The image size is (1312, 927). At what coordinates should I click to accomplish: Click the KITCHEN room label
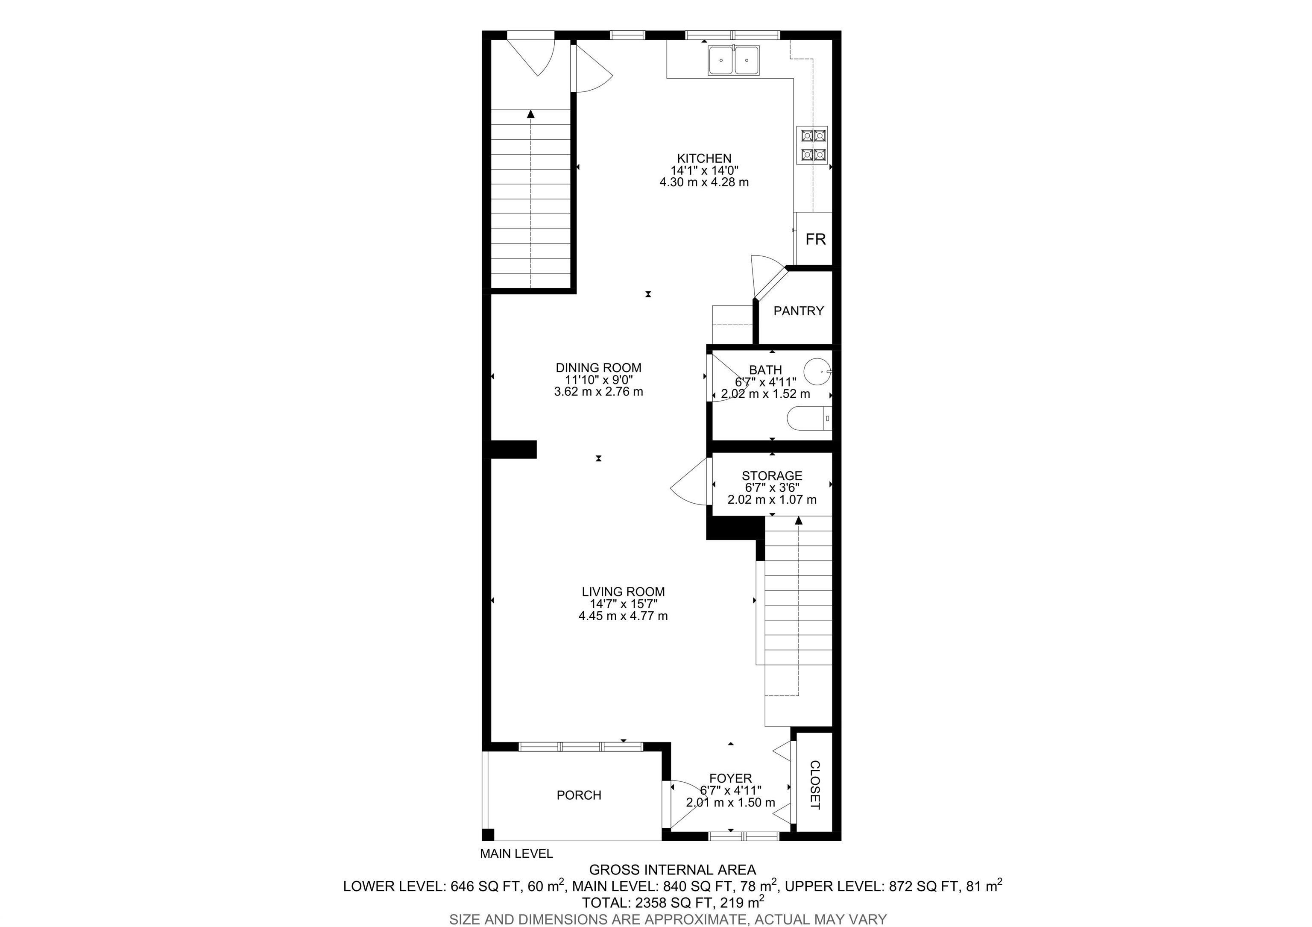(704, 158)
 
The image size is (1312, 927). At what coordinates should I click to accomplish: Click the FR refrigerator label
(815, 239)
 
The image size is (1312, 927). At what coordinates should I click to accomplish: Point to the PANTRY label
(798, 311)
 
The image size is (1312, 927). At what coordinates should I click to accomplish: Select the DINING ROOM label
(598, 367)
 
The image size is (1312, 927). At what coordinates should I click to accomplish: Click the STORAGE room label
(772, 475)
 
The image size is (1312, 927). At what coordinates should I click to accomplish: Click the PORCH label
(579, 795)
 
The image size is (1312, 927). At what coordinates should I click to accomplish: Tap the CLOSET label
(815, 785)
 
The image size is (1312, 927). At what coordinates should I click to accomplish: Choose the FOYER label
(730, 778)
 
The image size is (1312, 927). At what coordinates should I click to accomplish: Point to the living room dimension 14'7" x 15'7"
(624, 604)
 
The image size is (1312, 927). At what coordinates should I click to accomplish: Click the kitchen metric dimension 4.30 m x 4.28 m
(704, 182)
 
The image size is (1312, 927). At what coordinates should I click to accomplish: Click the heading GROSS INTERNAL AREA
(673, 870)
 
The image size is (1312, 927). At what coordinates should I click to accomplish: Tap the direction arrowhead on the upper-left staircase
(531, 114)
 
